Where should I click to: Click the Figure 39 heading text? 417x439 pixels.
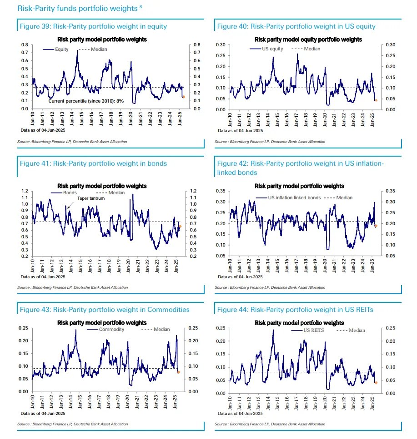click(93, 26)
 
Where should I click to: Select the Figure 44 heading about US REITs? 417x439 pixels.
click(295, 310)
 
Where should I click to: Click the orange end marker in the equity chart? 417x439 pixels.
click(183, 97)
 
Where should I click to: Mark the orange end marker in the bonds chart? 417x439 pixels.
click(180, 226)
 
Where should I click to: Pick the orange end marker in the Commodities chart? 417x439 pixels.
click(179, 372)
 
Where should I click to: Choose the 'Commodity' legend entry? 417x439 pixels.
click(111, 330)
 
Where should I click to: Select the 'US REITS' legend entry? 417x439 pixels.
click(314, 330)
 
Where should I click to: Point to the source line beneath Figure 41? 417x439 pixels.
click(72, 287)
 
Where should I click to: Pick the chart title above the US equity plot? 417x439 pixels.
click(299, 39)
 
